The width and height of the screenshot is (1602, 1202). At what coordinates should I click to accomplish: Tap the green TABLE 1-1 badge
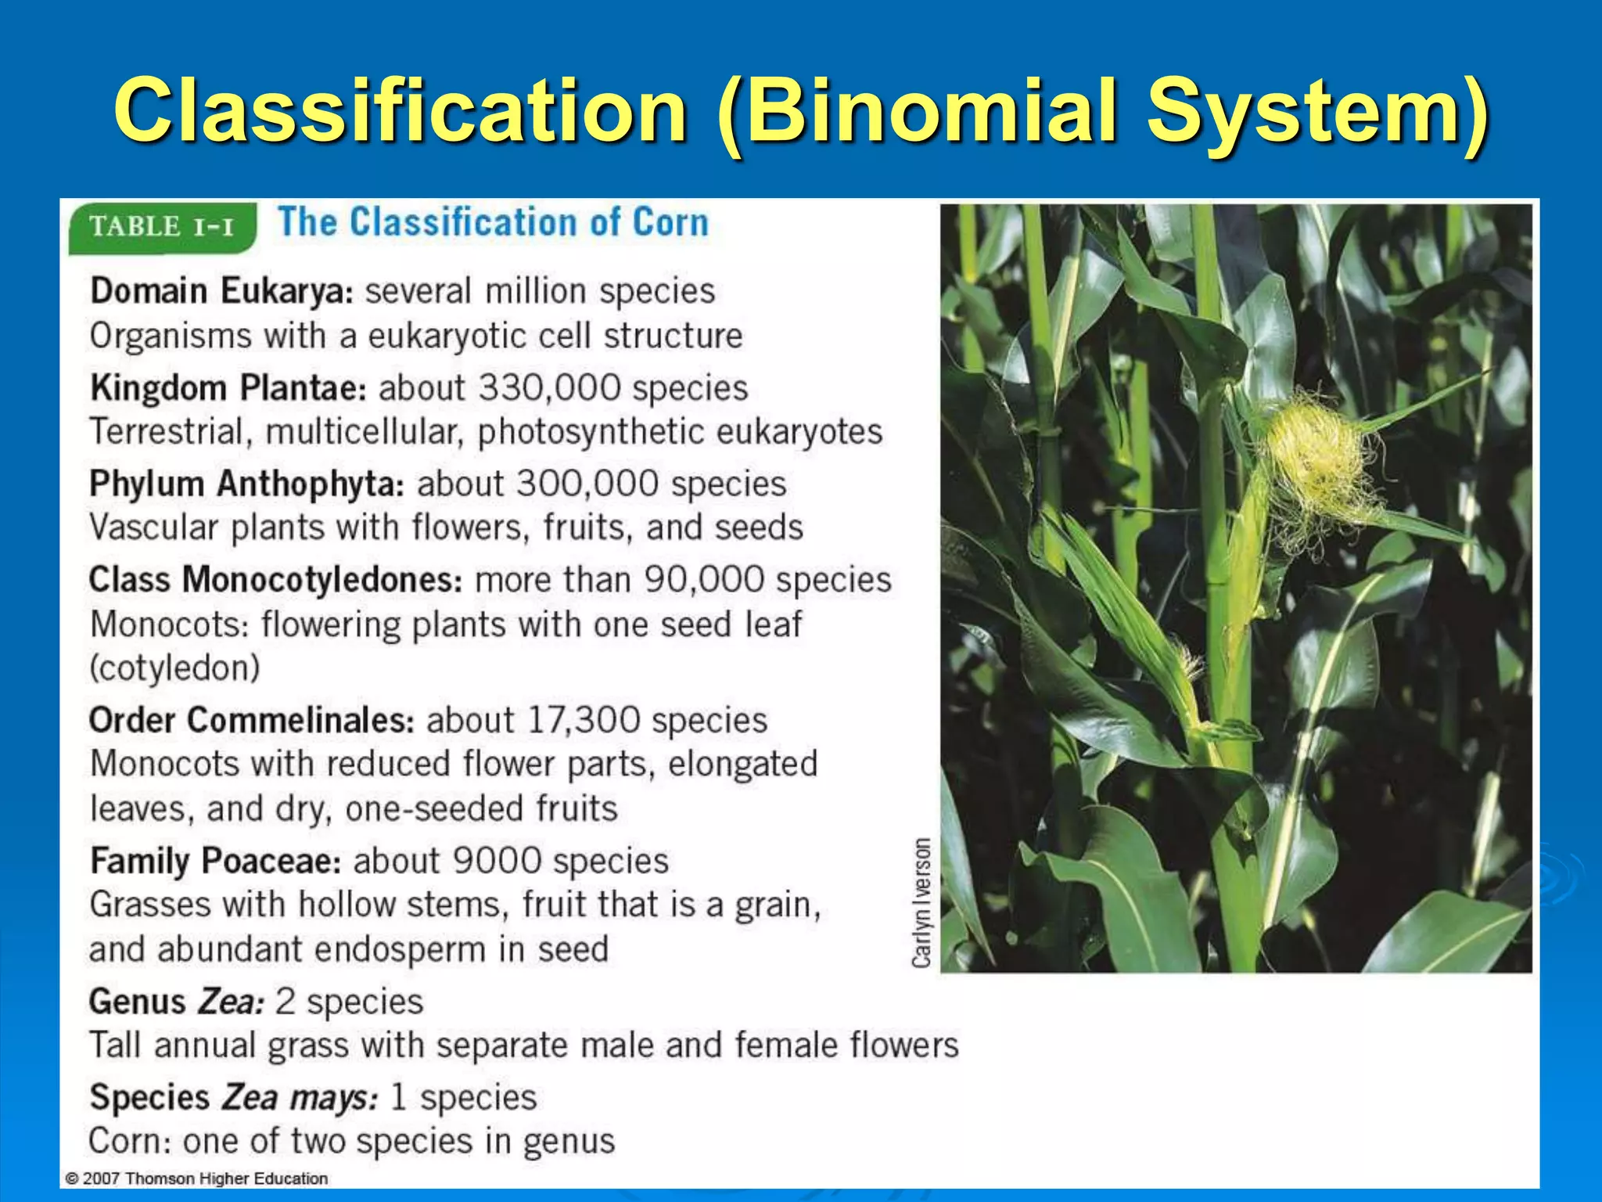pyautogui.click(x=162, y=227)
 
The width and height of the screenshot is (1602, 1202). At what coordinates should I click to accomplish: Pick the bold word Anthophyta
pyautogui.click(x=310, y=484)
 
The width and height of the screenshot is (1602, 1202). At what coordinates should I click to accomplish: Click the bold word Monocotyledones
pyautogui.click(x=322, y=580)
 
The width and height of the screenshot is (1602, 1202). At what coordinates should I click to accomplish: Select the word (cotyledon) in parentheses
pyautogui.click(x=174, y=668)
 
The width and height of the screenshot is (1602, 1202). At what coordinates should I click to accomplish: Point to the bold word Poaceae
pyautogui.click(x=271, y=861)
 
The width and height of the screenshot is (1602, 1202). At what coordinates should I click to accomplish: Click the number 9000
pyautogui.click(x=497, y=861)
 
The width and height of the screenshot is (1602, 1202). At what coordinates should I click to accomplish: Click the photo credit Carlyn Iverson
pyautogui.click(x=922, y=902)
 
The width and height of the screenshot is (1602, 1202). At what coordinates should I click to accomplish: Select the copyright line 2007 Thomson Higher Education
pyautogui.click(x=197, y=1179)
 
